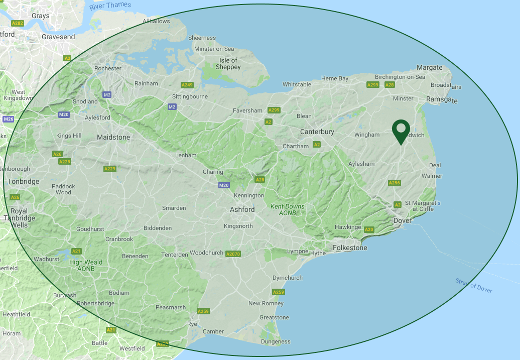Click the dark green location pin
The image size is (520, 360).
pos(401,132)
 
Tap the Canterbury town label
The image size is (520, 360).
pos(317,132)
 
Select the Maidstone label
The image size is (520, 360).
pos(113,137)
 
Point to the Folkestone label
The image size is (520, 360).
pos(350,248)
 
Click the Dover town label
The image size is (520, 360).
pos(403,220)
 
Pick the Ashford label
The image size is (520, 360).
pos(242,209)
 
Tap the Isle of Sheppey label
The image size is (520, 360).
pos(228,64)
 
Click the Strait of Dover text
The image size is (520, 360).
pos(474,285)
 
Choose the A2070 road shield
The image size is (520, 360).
pos(233,254)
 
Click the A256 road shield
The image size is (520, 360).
pos(395,183)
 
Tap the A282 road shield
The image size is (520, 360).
pos(18,23)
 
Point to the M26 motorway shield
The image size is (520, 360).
pos(8,119)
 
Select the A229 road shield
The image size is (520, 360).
pos(109,169)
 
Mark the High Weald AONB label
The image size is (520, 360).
pos(86,265)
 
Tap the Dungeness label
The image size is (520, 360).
pos(276,341)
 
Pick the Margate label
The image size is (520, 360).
pos(430,67)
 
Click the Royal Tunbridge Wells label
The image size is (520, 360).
pos(19,218)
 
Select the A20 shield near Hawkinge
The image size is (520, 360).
pos(369,229)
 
